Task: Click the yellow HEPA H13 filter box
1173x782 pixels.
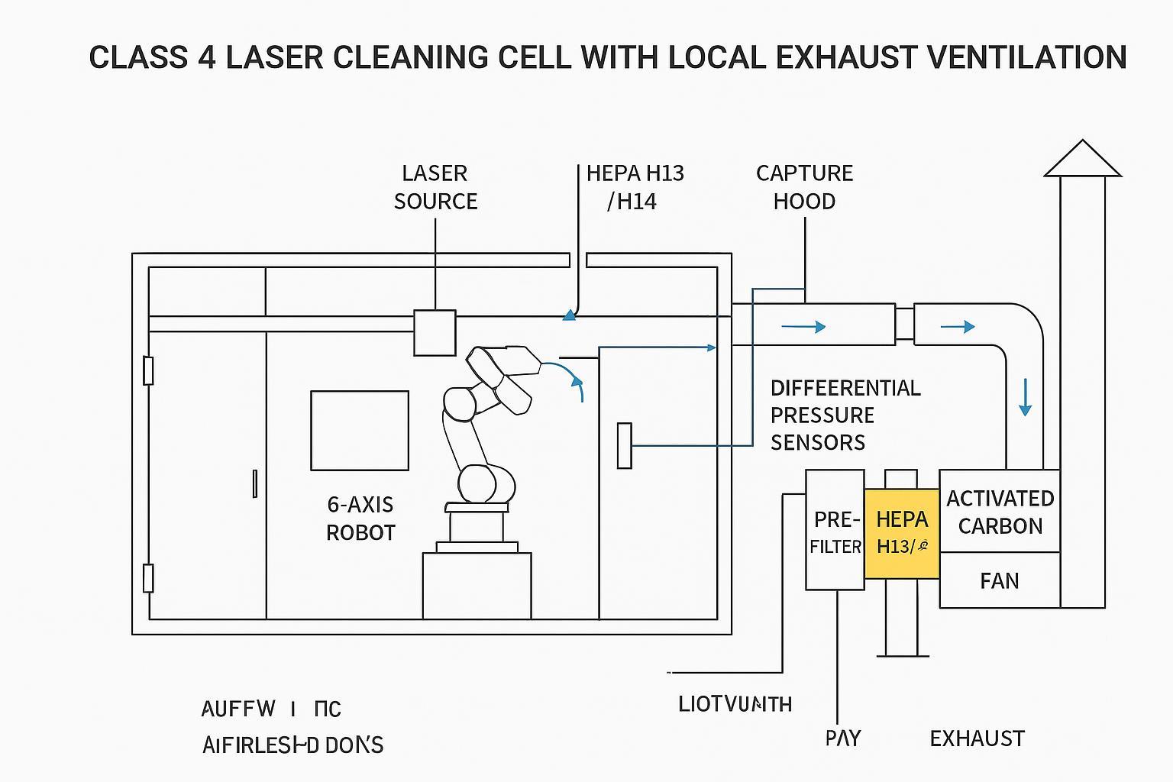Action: (x=902, y=533)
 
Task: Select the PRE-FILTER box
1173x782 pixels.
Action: (x=835, y=531)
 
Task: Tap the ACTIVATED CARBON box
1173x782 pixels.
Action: (x=999, y=512)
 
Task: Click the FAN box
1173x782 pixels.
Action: (x=999, y=581)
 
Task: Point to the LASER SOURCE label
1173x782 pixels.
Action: (x=435, y=187)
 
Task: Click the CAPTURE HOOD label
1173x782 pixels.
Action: (x=804, y=187)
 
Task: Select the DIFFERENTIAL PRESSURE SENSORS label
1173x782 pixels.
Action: (x=845, y=415)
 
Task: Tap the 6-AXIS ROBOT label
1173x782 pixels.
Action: (x=360, y=518)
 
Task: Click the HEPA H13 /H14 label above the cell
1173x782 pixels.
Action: (x=635, y=187)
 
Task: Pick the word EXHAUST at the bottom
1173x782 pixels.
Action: (x=977, y=738)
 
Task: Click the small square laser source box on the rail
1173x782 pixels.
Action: (x=435, y=333)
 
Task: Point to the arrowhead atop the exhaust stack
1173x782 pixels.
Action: (x=1082, y=158)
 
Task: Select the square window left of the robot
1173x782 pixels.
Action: (x=359, y=431)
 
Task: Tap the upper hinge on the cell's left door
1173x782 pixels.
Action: (x=148, y=370)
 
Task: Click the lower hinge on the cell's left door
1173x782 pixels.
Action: (x=148, y=578)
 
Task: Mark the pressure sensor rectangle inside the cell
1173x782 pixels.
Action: (x=624, y=445)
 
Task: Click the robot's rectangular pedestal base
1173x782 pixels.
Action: (x=477, y=586)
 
